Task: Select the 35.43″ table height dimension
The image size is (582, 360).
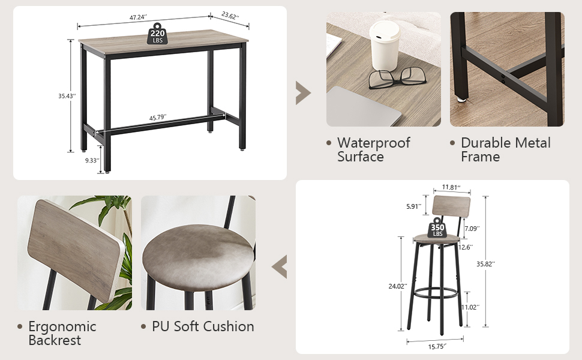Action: (67, 95)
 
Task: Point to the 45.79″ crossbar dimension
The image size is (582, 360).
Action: (158, 118)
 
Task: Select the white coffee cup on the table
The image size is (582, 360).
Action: (385, 46)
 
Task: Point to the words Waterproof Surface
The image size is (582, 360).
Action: (373, 149)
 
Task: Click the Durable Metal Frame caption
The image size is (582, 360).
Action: (505, 149)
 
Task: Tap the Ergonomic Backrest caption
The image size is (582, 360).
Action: (62, 333)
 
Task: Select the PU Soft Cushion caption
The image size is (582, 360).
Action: (202, 326)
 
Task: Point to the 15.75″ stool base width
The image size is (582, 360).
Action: (436, 346)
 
